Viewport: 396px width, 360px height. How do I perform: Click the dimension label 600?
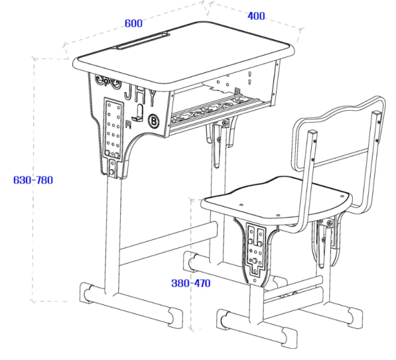pyautogui.click(x=133, y=24)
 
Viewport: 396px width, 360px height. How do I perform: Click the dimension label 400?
pyautogui.click(x=256, y=16)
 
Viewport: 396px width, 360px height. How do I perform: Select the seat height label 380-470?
pyautogui.click(x=191, y=283)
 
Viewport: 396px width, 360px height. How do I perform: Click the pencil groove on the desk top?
pyautogui.click(x=141, y=42)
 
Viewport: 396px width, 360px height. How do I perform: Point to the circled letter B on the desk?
pyautogui.click(x=153, y=121)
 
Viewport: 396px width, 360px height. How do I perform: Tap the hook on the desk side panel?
pyautogui.click(x=140, y=114)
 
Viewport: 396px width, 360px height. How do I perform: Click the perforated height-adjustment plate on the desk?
pyautogui.click(x=113, y=129)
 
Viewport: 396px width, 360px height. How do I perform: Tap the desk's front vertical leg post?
pyautogui.click(x=113, y=235)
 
